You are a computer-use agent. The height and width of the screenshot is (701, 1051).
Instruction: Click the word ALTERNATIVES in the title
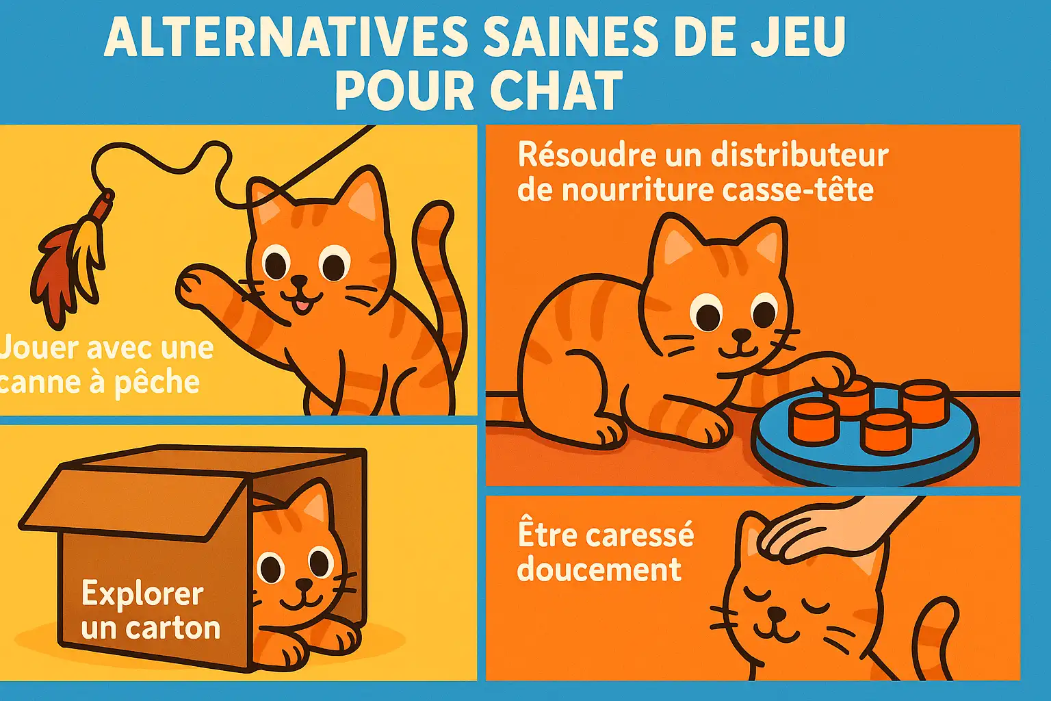point(285,37)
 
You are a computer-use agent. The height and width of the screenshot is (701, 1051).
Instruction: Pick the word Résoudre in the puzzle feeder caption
point(586,155)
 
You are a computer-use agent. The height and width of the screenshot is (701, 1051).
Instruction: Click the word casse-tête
point(798,190)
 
